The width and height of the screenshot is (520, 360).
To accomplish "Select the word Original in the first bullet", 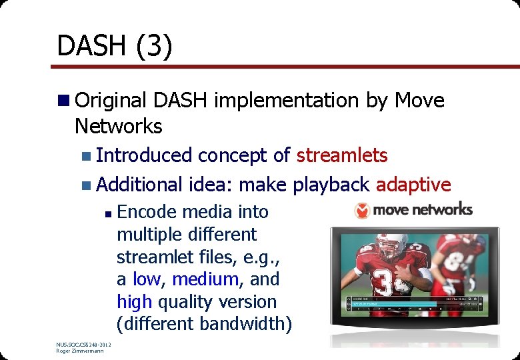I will pos(111,101).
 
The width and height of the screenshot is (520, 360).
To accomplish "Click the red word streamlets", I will pos(341,155).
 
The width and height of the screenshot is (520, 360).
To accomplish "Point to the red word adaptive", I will pos(413,184).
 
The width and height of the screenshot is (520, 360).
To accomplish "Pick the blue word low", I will pos(146,279).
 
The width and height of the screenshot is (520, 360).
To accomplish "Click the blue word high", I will pos(134,302).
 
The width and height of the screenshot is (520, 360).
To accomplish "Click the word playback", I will pos(331,185).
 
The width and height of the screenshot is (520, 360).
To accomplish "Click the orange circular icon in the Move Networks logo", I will pos(362,211).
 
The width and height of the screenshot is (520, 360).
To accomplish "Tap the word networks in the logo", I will pos(441,210).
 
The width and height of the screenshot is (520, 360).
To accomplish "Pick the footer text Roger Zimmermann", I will pos(80,351).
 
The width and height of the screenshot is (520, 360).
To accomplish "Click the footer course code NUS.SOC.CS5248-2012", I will pos(83,344).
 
